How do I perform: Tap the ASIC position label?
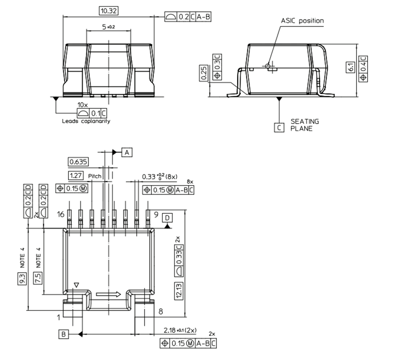302,20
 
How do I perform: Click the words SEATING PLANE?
304,125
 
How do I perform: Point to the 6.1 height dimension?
352,67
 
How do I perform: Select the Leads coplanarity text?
86,122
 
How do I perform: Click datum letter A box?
127,152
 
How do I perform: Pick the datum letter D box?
167,218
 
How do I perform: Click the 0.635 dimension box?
78,162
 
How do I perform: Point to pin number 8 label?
161,311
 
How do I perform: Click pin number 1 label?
59,317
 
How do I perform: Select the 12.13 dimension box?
179,292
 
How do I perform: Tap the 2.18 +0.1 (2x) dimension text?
180,330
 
